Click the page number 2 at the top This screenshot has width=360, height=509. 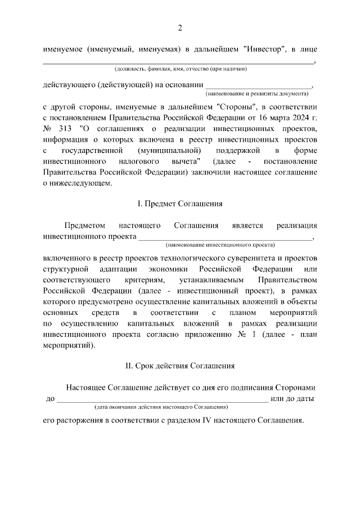(x=180, y=28)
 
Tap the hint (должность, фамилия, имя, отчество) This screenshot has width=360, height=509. (x=180, y=69)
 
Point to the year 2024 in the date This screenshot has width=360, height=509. (x=298, y=118)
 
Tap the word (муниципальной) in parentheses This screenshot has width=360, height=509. (x=169, y=151)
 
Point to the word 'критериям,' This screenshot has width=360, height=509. (x=143, y=280)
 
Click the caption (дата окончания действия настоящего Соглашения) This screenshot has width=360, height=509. (x=161, y=406)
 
